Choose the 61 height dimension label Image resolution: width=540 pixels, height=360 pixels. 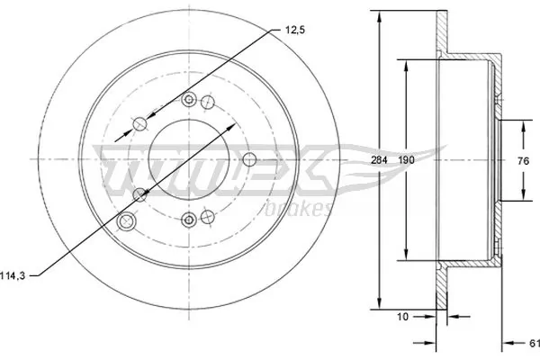pyautogui.click(x=533, y=342)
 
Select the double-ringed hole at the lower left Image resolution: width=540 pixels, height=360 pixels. pyautogui.click(x=127, y=221)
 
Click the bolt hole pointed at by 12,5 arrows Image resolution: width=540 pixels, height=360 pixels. pyautogui.click(x=140, y=124)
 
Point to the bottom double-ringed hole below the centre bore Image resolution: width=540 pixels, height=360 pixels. pyautogui.click(x=188, y=218)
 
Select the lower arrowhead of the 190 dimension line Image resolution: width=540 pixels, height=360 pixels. pyautogui.click(x=408, y=255)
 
